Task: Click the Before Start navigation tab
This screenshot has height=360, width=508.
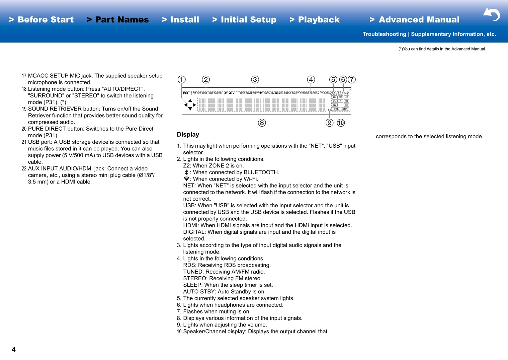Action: coord(41,20)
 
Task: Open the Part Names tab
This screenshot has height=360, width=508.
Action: coord(118,20)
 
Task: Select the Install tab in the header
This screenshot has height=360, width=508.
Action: coord(181,20)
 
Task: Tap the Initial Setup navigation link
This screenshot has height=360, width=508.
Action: coord(245,20)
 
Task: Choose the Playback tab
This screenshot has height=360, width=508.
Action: coord(315,20)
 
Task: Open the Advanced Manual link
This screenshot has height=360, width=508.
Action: coord(415,20)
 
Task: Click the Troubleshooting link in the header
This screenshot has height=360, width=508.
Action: coord(384,34)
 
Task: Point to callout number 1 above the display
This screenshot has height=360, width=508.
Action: coord(181,80)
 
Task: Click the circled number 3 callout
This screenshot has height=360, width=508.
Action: coord(255,80)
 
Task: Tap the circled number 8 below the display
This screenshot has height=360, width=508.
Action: coord(262,123)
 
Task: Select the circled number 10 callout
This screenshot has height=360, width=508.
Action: coord(341,123)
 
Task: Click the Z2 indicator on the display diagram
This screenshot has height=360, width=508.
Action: coord(185,93)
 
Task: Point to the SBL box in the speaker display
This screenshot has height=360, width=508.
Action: coord(336,109)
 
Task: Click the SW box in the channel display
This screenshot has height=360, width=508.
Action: coord(340,97)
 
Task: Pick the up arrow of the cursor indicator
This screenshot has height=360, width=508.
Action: coord(190,100)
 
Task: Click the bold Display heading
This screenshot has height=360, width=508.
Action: coord(188,135)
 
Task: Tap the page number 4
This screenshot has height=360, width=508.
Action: coord(14,350)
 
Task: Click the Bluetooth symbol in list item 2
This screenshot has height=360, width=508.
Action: coord(186,172)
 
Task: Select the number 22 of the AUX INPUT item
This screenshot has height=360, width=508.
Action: coord(24,169)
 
